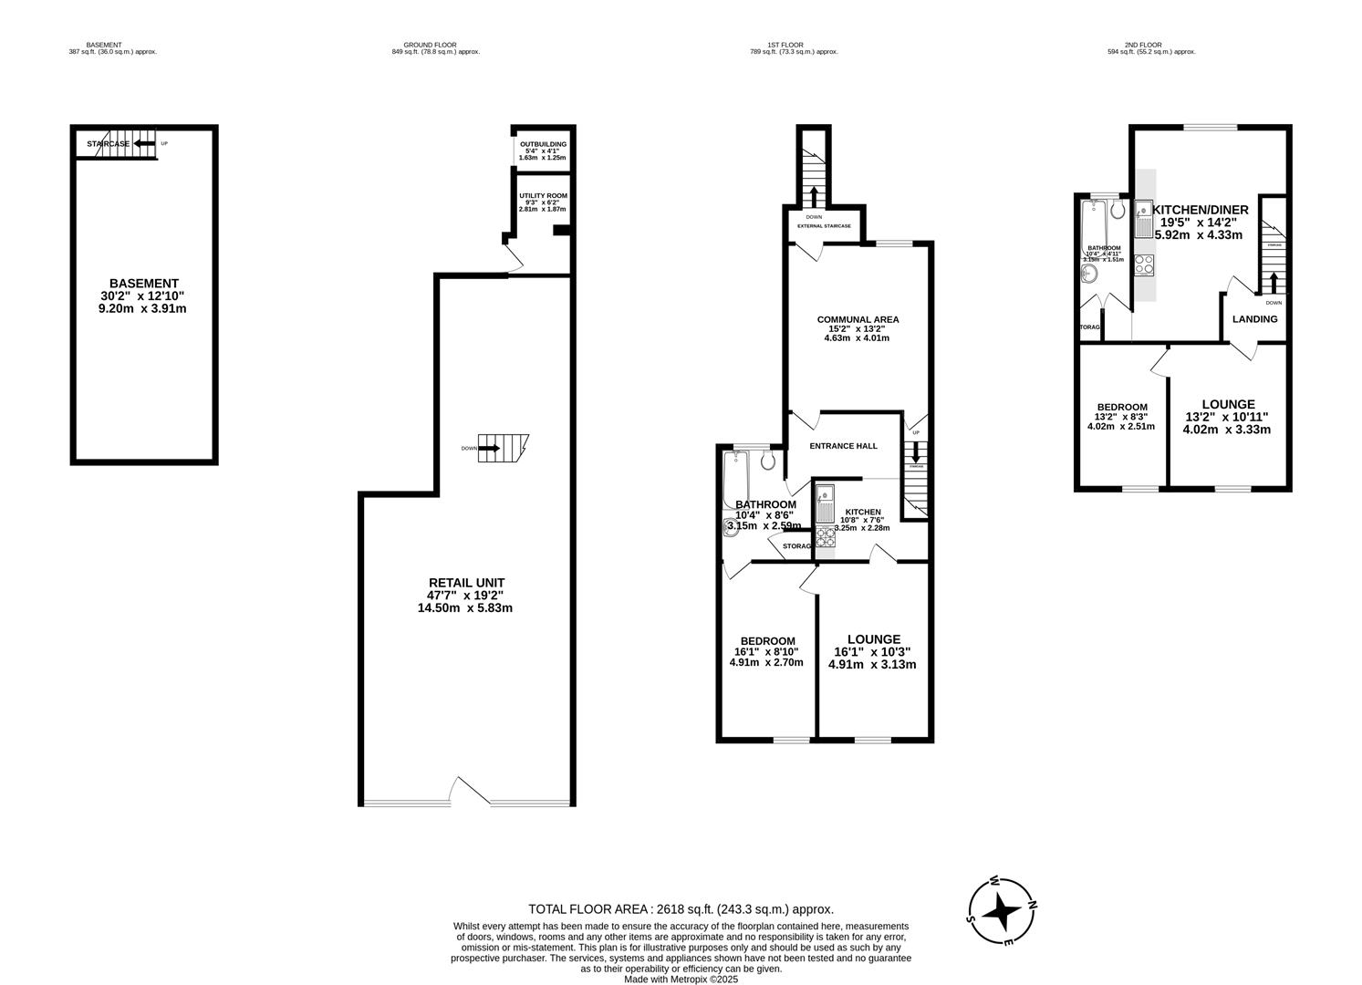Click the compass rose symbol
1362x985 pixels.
pyautogui.click(x=1002, y=910)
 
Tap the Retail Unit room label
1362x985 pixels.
pyautogui.click(x=466, y=595)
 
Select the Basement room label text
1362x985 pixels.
pyautogui.click(x=143, y=295)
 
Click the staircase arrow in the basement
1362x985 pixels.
pyautogui.click(x=143, y=143)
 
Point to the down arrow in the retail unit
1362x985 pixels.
pyautogui.click(x=489, y=448)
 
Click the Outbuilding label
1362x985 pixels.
pyautogui.click(x=543, y=150)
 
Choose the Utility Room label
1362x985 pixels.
pyautogui.click(x=543, y=202)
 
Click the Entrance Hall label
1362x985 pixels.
pyautogui.click(x=844, y=446)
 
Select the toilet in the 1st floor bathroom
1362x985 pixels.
pyautogui.click(x=767, y=461)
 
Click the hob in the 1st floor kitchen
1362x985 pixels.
pyautogui.click(x=826, y=536)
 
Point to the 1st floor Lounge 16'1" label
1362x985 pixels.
pyautogui.click(x=873, y=651)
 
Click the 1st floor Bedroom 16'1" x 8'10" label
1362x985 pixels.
pyautogui.click(x=766, y=651)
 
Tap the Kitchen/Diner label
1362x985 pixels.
pyautogui.click(x=1200, y=222)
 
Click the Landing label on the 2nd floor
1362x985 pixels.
pyautogui.click(x=1254, y=319)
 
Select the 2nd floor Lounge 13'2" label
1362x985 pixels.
pyautogui.click(x=1227, y=417)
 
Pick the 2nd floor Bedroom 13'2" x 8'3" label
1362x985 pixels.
pyautogui.click(x=1121, y=417)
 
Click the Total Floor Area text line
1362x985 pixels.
pyautogui.click(x=681, y=908)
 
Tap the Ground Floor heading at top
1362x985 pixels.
pyautogui.click(x=430, y=48)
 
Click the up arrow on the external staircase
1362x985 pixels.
pyautogui.click(x=813, y=195)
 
